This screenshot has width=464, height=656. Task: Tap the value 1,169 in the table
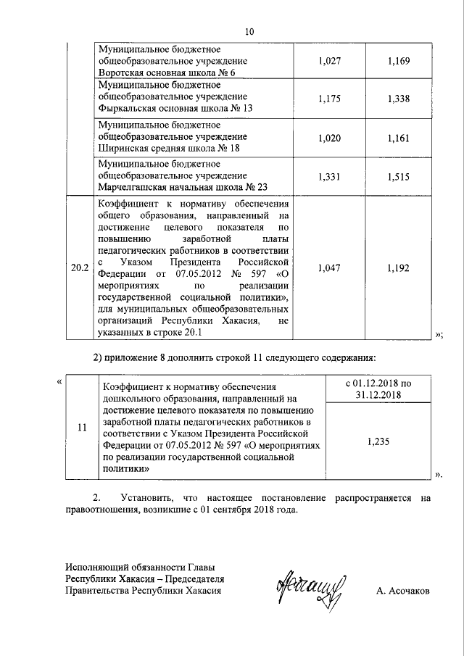pyautogui.click(x=399, y=63)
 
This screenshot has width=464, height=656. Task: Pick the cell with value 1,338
pyautogui.click(x=399, y=98)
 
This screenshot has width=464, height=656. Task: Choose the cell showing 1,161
pyautogui.click(x=399, y=136)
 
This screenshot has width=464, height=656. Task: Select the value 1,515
pyautogui.click(x=399, y=175)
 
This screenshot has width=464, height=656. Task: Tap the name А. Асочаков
pyautogui.click(x=402, y=591)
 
